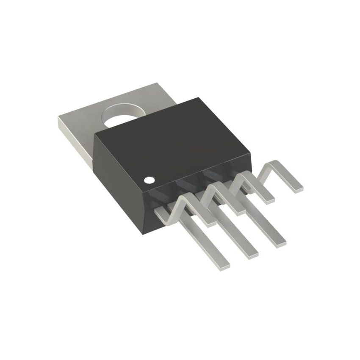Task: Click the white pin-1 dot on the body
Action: tap(148, 180)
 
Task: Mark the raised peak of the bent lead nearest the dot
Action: tap(185, 197)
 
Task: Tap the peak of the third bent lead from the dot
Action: tap(244, 174)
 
